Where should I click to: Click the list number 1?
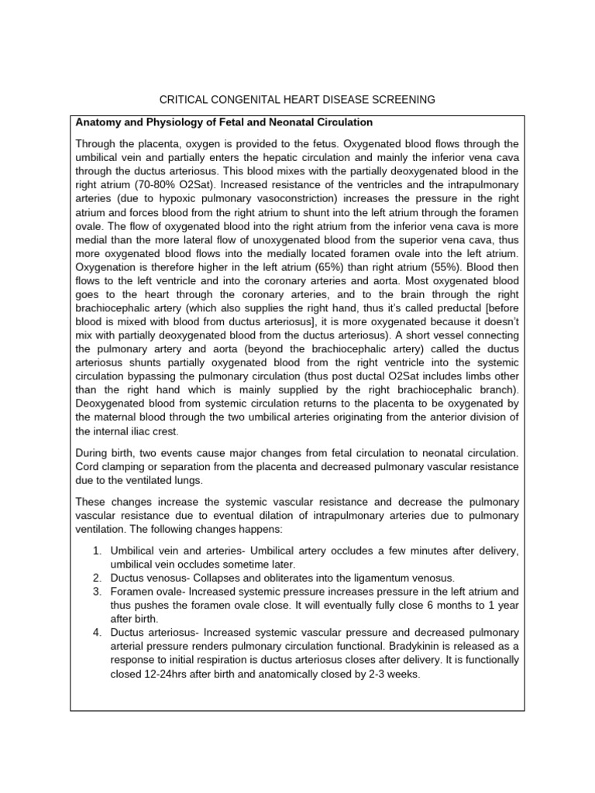pyautogui.click(x=96, y=550)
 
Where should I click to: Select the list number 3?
pyautogui.click(x=96, y=592)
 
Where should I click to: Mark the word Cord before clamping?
pyautogui.click(x=88, y=467)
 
